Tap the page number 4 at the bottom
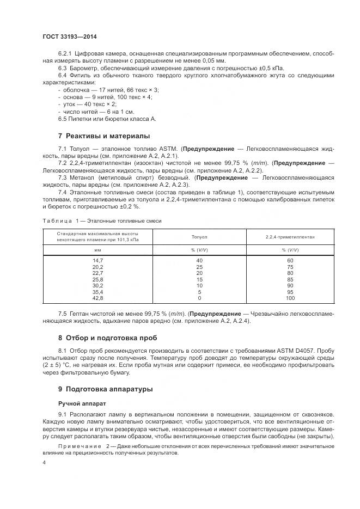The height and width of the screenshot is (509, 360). click(x=44, y=463)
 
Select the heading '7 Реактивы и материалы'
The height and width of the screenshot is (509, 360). click(x=104, y=136)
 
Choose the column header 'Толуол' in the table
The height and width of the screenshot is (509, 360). click(x=199, y=237)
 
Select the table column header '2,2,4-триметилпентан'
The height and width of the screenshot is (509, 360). click(x=290, y=237)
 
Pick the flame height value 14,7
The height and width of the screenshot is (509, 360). click(x=97, y=261)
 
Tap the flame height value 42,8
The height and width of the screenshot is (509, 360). click(x=97, y=298)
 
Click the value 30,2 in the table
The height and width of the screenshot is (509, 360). click(x=97, y=286)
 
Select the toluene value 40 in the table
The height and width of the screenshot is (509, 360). click(x=199, y=261)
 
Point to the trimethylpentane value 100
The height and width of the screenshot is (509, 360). click(x=290, y=298)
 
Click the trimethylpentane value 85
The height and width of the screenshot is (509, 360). click(x=290, y=280)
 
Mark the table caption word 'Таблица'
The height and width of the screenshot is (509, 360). click(x=57, y=220)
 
